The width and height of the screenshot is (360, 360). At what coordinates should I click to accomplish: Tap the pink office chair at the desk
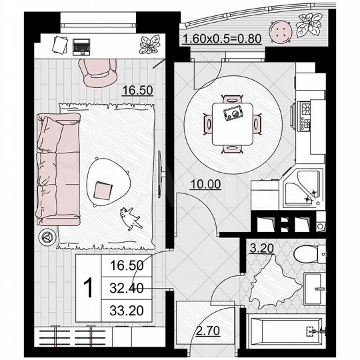(97, 71)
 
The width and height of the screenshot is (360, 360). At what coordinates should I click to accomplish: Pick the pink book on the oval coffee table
(103, 191)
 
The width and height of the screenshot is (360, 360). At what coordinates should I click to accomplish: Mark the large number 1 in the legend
(87, 288)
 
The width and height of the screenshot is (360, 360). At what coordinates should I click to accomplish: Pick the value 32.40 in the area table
(126, 288)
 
